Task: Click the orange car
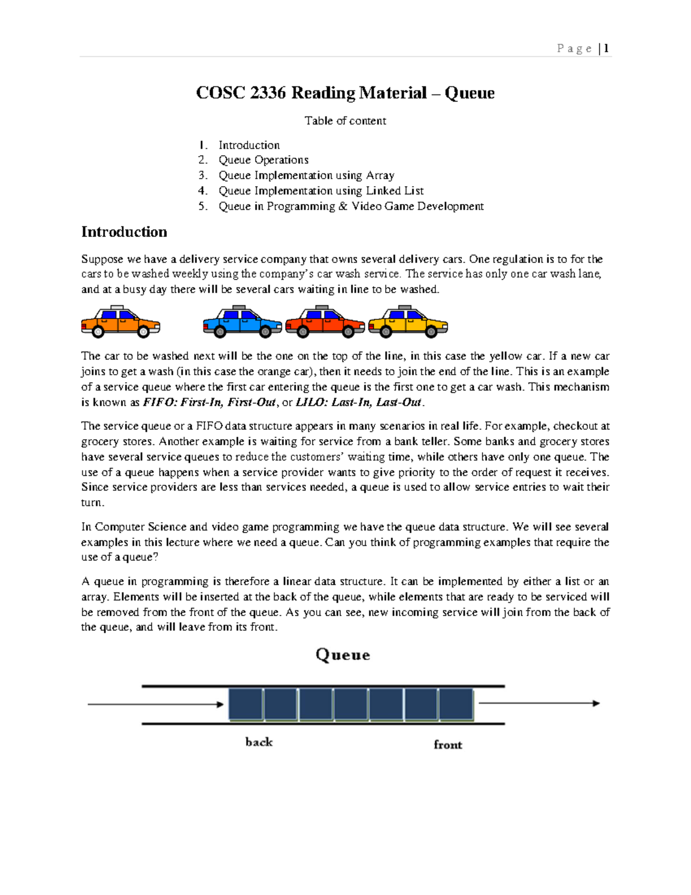pos(120,322)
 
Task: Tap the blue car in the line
pos(242,322)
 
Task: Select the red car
pos(325,322)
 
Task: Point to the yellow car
pos(408,322)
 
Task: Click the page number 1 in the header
pos(606,48)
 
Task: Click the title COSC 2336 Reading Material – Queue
pos(345,93)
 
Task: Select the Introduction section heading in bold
pos(124,232)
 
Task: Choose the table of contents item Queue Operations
pos(263,160)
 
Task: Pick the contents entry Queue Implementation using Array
pos(306,175)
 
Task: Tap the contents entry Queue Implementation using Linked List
pos(321,191)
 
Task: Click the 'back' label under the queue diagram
pos(259,742)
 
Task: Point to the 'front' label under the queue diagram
pos(447,745)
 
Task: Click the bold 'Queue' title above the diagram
pos(343,655)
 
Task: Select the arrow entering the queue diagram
pos(155,704)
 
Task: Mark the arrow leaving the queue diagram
pos(539,703)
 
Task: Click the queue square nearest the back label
pos(246,704)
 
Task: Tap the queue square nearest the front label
pos(456,704)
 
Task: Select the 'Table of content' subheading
pos(345,120)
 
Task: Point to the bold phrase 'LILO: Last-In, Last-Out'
pos(359,402)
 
